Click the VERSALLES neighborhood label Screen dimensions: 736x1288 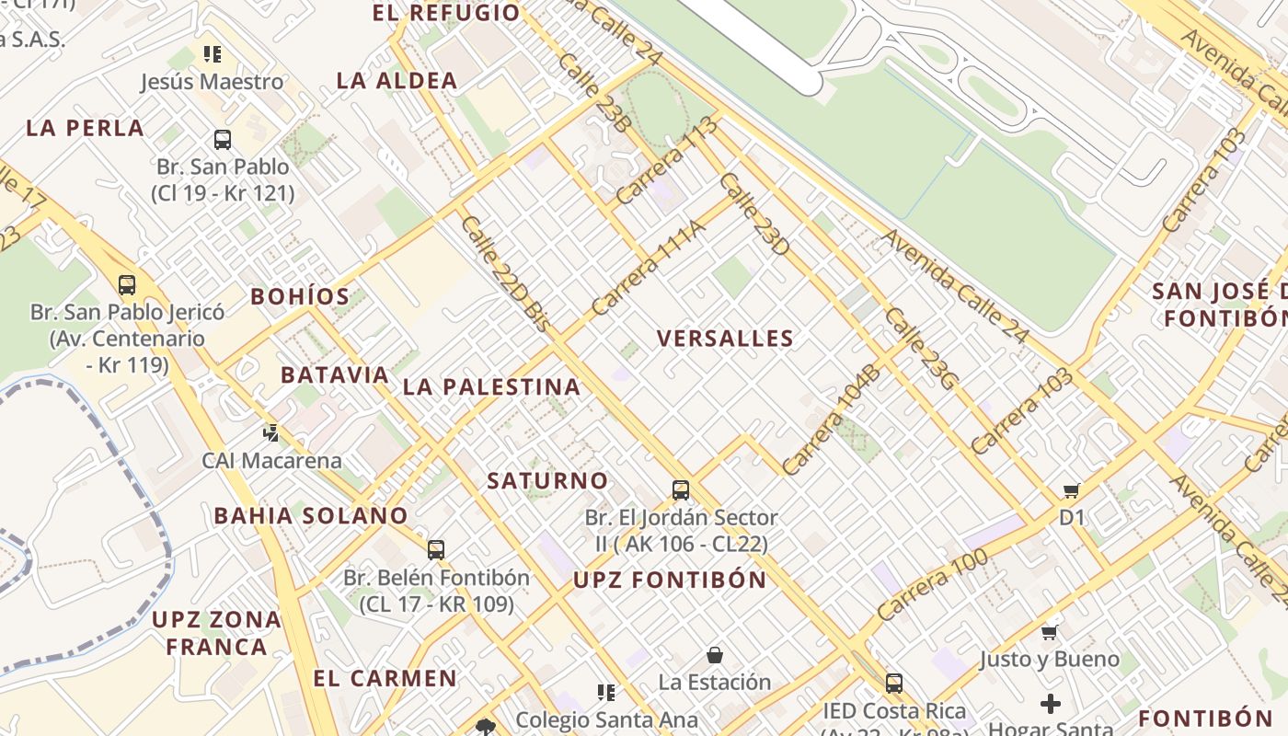pos(725,338)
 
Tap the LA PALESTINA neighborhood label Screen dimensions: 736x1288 pos(491,386)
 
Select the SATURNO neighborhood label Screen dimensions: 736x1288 pos(547,480)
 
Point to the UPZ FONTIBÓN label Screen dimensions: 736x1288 pos(670,580)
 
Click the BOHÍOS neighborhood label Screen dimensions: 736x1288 pos(300,296)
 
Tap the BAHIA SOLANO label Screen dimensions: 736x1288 pos(311,515)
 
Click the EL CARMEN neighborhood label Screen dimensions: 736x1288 pos(385,679)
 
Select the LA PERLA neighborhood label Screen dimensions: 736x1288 pos(85,128)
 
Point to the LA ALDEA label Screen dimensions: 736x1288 pos(397,80)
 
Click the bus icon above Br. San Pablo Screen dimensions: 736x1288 pos(223,140)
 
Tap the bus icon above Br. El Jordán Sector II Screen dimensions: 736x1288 pos(681,489)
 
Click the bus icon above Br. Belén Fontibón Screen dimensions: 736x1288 pos(436,550)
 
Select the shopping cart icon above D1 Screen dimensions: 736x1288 pos(1071,490)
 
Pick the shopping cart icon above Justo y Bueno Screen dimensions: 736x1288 pos(1049,632)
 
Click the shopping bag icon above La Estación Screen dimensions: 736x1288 pos(715,655)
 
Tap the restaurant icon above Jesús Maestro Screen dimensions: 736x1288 pos(213,54)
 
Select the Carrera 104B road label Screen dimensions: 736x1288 pos(832,420)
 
